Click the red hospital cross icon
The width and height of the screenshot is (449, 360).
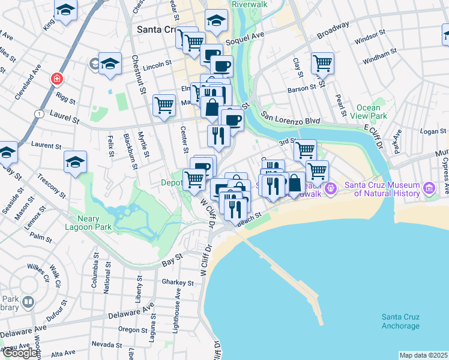[x=57, y=79]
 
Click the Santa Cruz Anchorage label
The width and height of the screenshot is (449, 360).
[x=400, y=322]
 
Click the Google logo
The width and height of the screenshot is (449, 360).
[x=19, y=353]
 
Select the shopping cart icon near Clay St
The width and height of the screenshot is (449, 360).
[x=323, y=62]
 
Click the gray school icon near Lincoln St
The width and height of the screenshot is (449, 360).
[x=94, y=63]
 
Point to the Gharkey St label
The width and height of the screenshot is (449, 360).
[x=178, y=283]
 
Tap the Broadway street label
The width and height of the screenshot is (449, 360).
[x=333, y=31]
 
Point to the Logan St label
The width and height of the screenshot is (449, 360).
[x=430, y=131]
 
